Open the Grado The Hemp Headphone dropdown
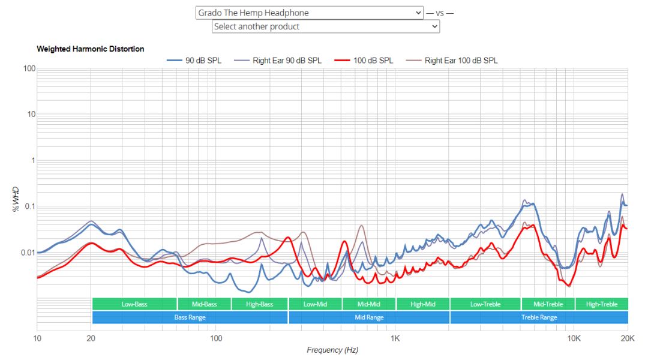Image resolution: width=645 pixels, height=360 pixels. (x=310, y=13)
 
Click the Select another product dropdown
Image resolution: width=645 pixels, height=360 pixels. (x=326, y=26)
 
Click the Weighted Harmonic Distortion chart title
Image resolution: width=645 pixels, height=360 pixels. (x=91, y=49)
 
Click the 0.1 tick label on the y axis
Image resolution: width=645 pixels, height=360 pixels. (x=28, y=206)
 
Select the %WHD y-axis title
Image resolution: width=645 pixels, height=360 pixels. (x=17, y=199)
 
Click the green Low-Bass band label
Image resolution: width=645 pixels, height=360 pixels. (x=134, y=304)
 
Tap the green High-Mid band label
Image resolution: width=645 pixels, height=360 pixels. (x=423, y=304)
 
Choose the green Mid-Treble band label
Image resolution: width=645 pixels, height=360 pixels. (x=548, y=304)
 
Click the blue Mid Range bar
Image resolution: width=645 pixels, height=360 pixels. (x=369, y=317)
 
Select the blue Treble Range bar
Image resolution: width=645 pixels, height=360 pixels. (x=539, y=317)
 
